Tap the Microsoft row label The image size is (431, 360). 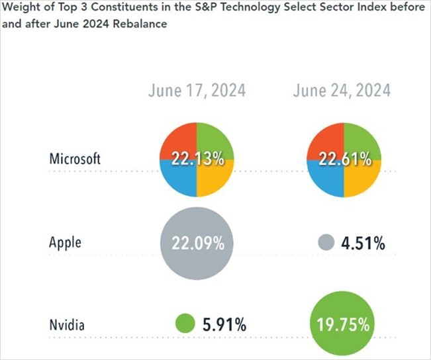[x=75, y=159]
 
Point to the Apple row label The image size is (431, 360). [x=65, y=242]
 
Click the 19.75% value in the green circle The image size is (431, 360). [x=343, y=325]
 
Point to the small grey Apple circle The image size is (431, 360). [x=324, y=242]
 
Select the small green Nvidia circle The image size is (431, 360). [x=185, y=324]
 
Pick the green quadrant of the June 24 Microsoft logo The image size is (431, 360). [x=361, y=140]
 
